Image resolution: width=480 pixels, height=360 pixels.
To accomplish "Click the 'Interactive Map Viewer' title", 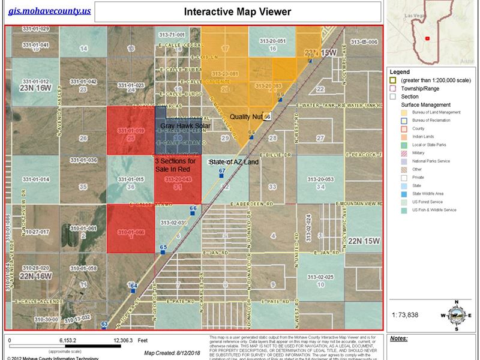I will [237, 11].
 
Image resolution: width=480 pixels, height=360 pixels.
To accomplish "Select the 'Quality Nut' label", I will [246, 116].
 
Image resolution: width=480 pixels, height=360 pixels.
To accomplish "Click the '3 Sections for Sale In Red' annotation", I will [175, 165].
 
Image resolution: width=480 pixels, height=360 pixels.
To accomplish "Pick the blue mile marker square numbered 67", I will [221, 176].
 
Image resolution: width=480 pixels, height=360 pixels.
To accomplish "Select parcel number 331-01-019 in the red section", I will [131, 130].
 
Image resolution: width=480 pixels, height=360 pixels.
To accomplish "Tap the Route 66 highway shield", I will [267, 116].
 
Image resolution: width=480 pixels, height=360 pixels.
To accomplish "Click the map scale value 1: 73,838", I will [405, 314].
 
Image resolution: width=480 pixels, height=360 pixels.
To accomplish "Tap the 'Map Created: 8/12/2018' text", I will [162, 353].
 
